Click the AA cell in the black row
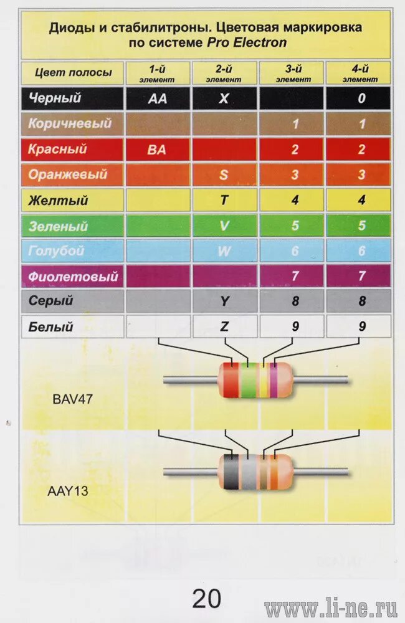point(158,98)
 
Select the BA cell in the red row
point(158,150)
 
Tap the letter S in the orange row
point(224,175)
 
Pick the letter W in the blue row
point(224,251)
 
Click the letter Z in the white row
point(224,326)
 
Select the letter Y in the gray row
point(224,302)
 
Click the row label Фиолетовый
point(73,276)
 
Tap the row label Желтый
point(59,201)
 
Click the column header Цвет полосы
point(74,73)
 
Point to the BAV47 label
point(72,399)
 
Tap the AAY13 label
point(68,491)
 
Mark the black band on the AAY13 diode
point(231,472)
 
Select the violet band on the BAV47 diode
point(273,379)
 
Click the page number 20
point(206,599)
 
